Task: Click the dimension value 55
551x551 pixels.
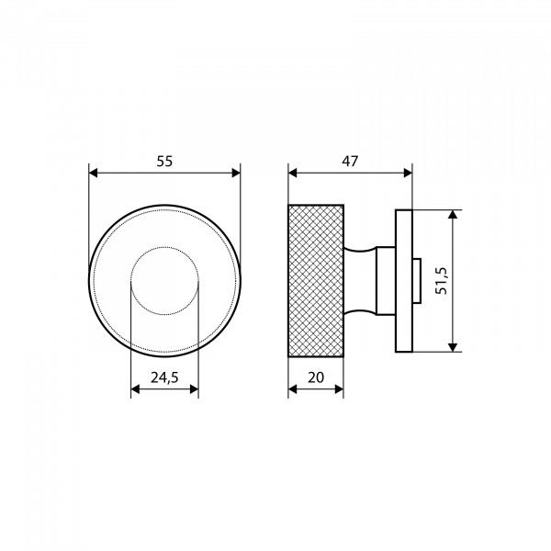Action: point(164,162)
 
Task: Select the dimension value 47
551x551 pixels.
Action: point(350,162)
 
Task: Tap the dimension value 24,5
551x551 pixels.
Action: point(164,377)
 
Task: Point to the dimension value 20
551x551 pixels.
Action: point(316,377)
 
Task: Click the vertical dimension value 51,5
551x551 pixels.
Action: point(441,281)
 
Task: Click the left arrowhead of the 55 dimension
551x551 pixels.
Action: point(93,173)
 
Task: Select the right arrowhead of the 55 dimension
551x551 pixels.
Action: point(236,173)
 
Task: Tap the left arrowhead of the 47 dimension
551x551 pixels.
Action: point(292,173)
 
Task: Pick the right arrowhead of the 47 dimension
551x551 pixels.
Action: point(408,173)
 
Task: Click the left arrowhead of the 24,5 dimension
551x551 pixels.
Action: point(135,389)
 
